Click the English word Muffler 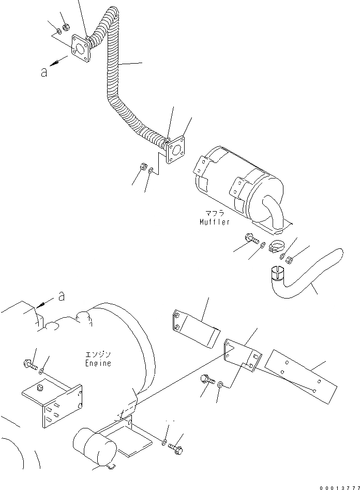click(215, 222)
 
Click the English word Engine click(99, 363)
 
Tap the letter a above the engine click(62, 296)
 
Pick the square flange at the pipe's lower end click(175, 150)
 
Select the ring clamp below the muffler click(276, 245)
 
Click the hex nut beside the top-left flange click(66, 27)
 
